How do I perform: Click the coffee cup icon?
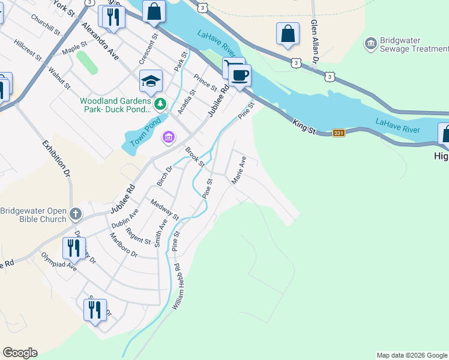tap(240, 76)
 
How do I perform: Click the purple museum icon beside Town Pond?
tap(168, 139)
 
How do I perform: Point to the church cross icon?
tap(76, 214)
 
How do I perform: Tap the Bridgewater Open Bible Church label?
tap(33, 215)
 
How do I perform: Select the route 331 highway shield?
tap(339, 133)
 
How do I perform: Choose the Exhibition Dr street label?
tap(56, 158)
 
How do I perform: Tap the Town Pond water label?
tap(142, 136)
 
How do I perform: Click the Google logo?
tap(20, 353)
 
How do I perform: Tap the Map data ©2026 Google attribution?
tap(411, 355)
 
